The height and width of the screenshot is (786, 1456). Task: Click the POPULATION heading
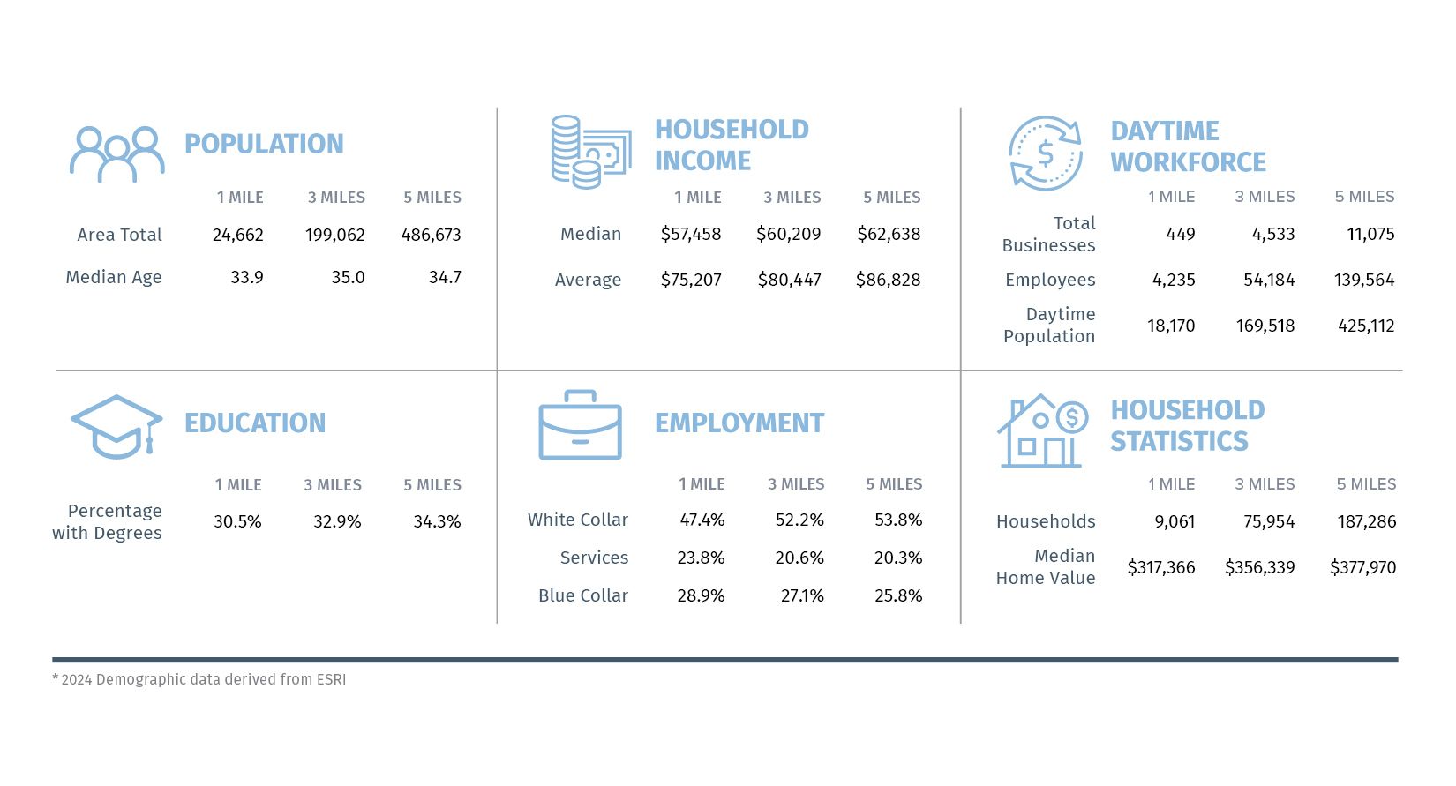[x=264, y=144]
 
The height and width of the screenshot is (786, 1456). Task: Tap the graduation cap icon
[x=116, y=427]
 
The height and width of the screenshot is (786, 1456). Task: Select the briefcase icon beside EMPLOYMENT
[x=580, y=425]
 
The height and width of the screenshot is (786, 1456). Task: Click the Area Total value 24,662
[x=237, y=236]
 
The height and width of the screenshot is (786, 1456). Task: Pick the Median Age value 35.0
[x=348, y=278]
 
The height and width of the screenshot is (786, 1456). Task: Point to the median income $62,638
[x=889, y=235]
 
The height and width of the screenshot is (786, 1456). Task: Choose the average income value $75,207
[x=691, y=281]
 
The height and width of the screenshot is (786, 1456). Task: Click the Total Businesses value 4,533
[x=1273, y=235]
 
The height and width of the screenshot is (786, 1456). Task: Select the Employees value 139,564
[x=1364, y=281]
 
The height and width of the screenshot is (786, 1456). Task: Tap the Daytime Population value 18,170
[x=1171, y=326]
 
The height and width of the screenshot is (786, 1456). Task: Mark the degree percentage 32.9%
[x=337, y=522]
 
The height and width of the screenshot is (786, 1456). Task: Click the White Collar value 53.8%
[x=898, y=520]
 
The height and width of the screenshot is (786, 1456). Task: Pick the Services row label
[x=594, y=558]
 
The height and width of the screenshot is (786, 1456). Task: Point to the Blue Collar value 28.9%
[x=701, y=596]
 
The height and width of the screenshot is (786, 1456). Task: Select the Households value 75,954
[x=1269, y=522]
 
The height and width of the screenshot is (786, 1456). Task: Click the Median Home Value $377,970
[x=1362, y=568]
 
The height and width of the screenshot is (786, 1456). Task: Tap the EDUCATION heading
[x=255, y=423]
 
